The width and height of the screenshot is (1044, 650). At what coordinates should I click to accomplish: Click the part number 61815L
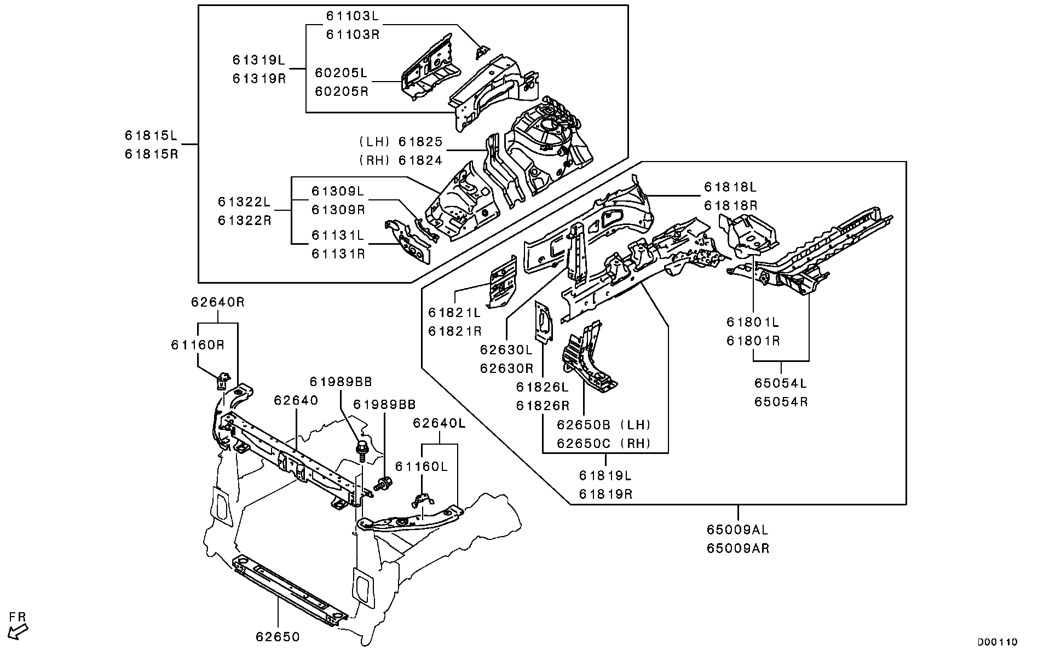151,135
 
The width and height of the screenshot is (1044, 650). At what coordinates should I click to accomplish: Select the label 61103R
353,34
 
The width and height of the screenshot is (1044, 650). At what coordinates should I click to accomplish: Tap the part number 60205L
342,73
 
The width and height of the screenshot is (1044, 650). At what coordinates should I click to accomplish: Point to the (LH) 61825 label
401,142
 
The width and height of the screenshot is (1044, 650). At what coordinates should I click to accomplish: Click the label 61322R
245,221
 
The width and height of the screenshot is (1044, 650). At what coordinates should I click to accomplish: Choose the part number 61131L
338,235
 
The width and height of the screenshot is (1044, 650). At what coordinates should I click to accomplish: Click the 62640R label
218,302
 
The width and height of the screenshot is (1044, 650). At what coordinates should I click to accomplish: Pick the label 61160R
198,345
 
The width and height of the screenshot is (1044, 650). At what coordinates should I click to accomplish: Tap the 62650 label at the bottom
278,637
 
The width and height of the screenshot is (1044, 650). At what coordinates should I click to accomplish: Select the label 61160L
422,467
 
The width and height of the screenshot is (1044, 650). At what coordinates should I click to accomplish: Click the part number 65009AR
738,548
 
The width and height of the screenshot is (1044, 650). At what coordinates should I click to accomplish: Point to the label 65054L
781,383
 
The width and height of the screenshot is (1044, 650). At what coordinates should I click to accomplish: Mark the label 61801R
753,341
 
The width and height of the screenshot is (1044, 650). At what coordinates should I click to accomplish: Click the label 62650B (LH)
604,424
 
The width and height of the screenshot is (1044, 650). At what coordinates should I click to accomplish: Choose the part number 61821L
454,313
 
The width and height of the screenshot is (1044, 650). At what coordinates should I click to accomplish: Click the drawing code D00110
997,642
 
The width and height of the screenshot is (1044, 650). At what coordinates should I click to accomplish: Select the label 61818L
730,187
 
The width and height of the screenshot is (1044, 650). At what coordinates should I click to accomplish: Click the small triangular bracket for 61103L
482,51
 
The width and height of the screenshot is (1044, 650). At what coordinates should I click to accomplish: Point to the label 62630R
506,368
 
